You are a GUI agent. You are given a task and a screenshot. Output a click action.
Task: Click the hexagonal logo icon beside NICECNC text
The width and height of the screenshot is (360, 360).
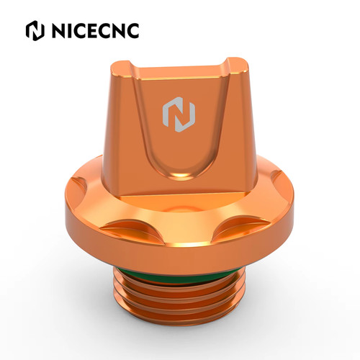pyautogui.click(x=35, y=30)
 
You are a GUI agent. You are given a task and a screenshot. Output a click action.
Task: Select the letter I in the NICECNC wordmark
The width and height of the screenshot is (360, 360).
pyautogui.click(x=68, y=30)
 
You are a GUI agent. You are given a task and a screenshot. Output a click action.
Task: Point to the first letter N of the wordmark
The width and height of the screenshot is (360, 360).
pyautogui.click(x=58, y=30)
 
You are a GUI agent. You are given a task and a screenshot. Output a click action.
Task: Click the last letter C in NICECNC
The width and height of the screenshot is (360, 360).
pyautogui.click(x=132, y=30)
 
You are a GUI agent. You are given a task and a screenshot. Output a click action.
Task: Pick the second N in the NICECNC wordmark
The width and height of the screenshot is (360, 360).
pyautogui.click(x=118, y=30)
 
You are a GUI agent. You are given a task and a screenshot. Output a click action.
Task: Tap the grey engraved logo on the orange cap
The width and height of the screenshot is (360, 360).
pyautogui.click(x=179, y=114)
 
